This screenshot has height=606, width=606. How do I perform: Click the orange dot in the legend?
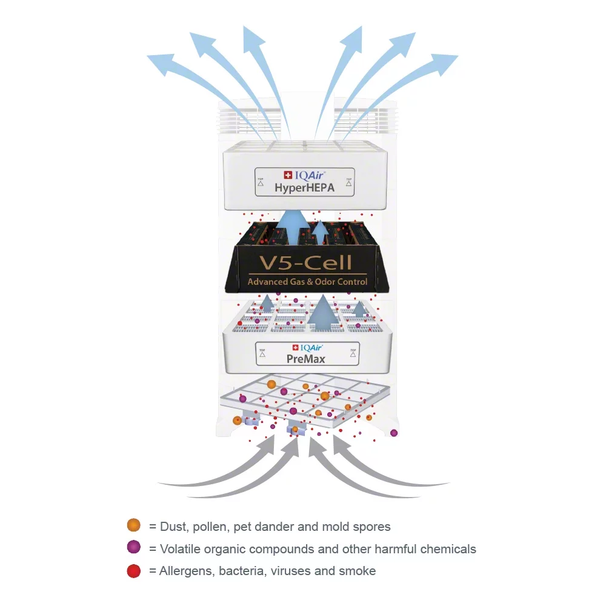coord(134,525)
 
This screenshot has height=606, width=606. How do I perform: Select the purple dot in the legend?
coord(134,547)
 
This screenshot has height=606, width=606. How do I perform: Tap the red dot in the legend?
coord(134,571)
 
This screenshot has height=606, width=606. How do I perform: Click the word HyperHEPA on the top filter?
coord(305,188)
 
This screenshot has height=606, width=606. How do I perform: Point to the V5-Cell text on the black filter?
coord(305,263)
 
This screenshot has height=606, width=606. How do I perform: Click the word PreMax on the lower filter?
coord(305,359)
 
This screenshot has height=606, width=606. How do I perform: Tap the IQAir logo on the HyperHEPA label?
coord(305,176)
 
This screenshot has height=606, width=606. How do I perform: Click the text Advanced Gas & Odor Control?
coord(307,281)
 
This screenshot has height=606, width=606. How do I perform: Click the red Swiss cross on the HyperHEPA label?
coord(288,175)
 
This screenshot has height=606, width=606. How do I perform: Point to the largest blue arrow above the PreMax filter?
coord(323,313)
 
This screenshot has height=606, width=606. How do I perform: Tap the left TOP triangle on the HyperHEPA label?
coord(261,184)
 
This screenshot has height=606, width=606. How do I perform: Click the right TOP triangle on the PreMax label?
coord(353,355)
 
